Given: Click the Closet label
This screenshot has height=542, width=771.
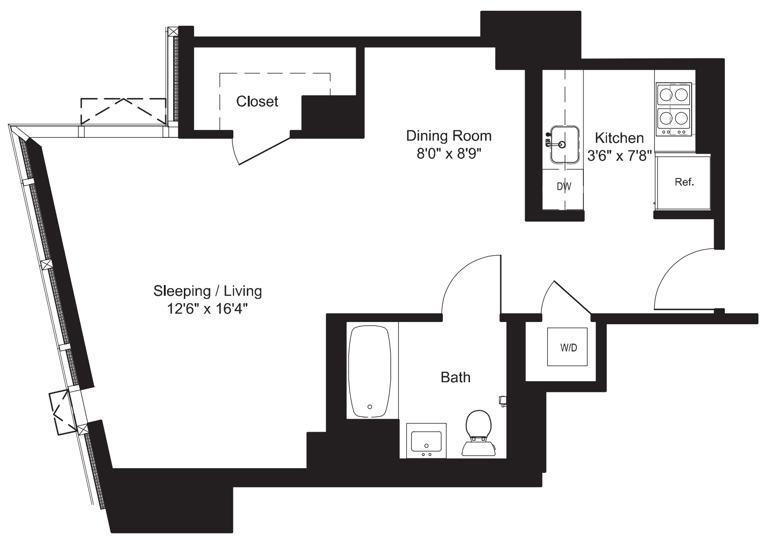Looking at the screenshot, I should click(x=257, y=101).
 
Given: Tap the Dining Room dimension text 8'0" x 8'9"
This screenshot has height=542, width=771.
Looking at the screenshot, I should click(x=449, y=154).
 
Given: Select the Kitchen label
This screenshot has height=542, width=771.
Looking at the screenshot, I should click(x=619, y=138).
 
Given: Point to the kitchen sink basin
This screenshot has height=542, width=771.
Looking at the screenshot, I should click(x=565, y=144).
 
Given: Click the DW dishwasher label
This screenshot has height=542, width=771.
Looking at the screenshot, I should click(x=564, y=186).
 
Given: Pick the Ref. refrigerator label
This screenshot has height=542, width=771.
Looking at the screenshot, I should click(x=684, y=182).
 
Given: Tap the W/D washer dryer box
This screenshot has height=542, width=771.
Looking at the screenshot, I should click(x=568, y=348).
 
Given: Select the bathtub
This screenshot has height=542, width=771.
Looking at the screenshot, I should click(x=370, y=371).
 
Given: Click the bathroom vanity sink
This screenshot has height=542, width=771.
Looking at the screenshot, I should click(x=426, y=441).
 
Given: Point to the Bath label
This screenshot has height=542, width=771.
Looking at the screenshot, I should click(x=456, y=377).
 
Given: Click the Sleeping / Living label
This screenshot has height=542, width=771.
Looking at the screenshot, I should click(x=208, y=291).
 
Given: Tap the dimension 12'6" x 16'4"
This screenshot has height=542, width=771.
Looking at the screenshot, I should click(x=208, y=309).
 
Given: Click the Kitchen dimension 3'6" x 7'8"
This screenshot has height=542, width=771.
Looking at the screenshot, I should click(x=619, y=156).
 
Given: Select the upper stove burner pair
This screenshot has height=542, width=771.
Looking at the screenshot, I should click(x=673, y=95).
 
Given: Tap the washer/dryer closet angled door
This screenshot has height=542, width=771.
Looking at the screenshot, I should click(x=572, y=297).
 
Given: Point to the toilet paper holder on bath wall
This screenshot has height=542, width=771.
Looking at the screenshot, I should click(x=502, y=400).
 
